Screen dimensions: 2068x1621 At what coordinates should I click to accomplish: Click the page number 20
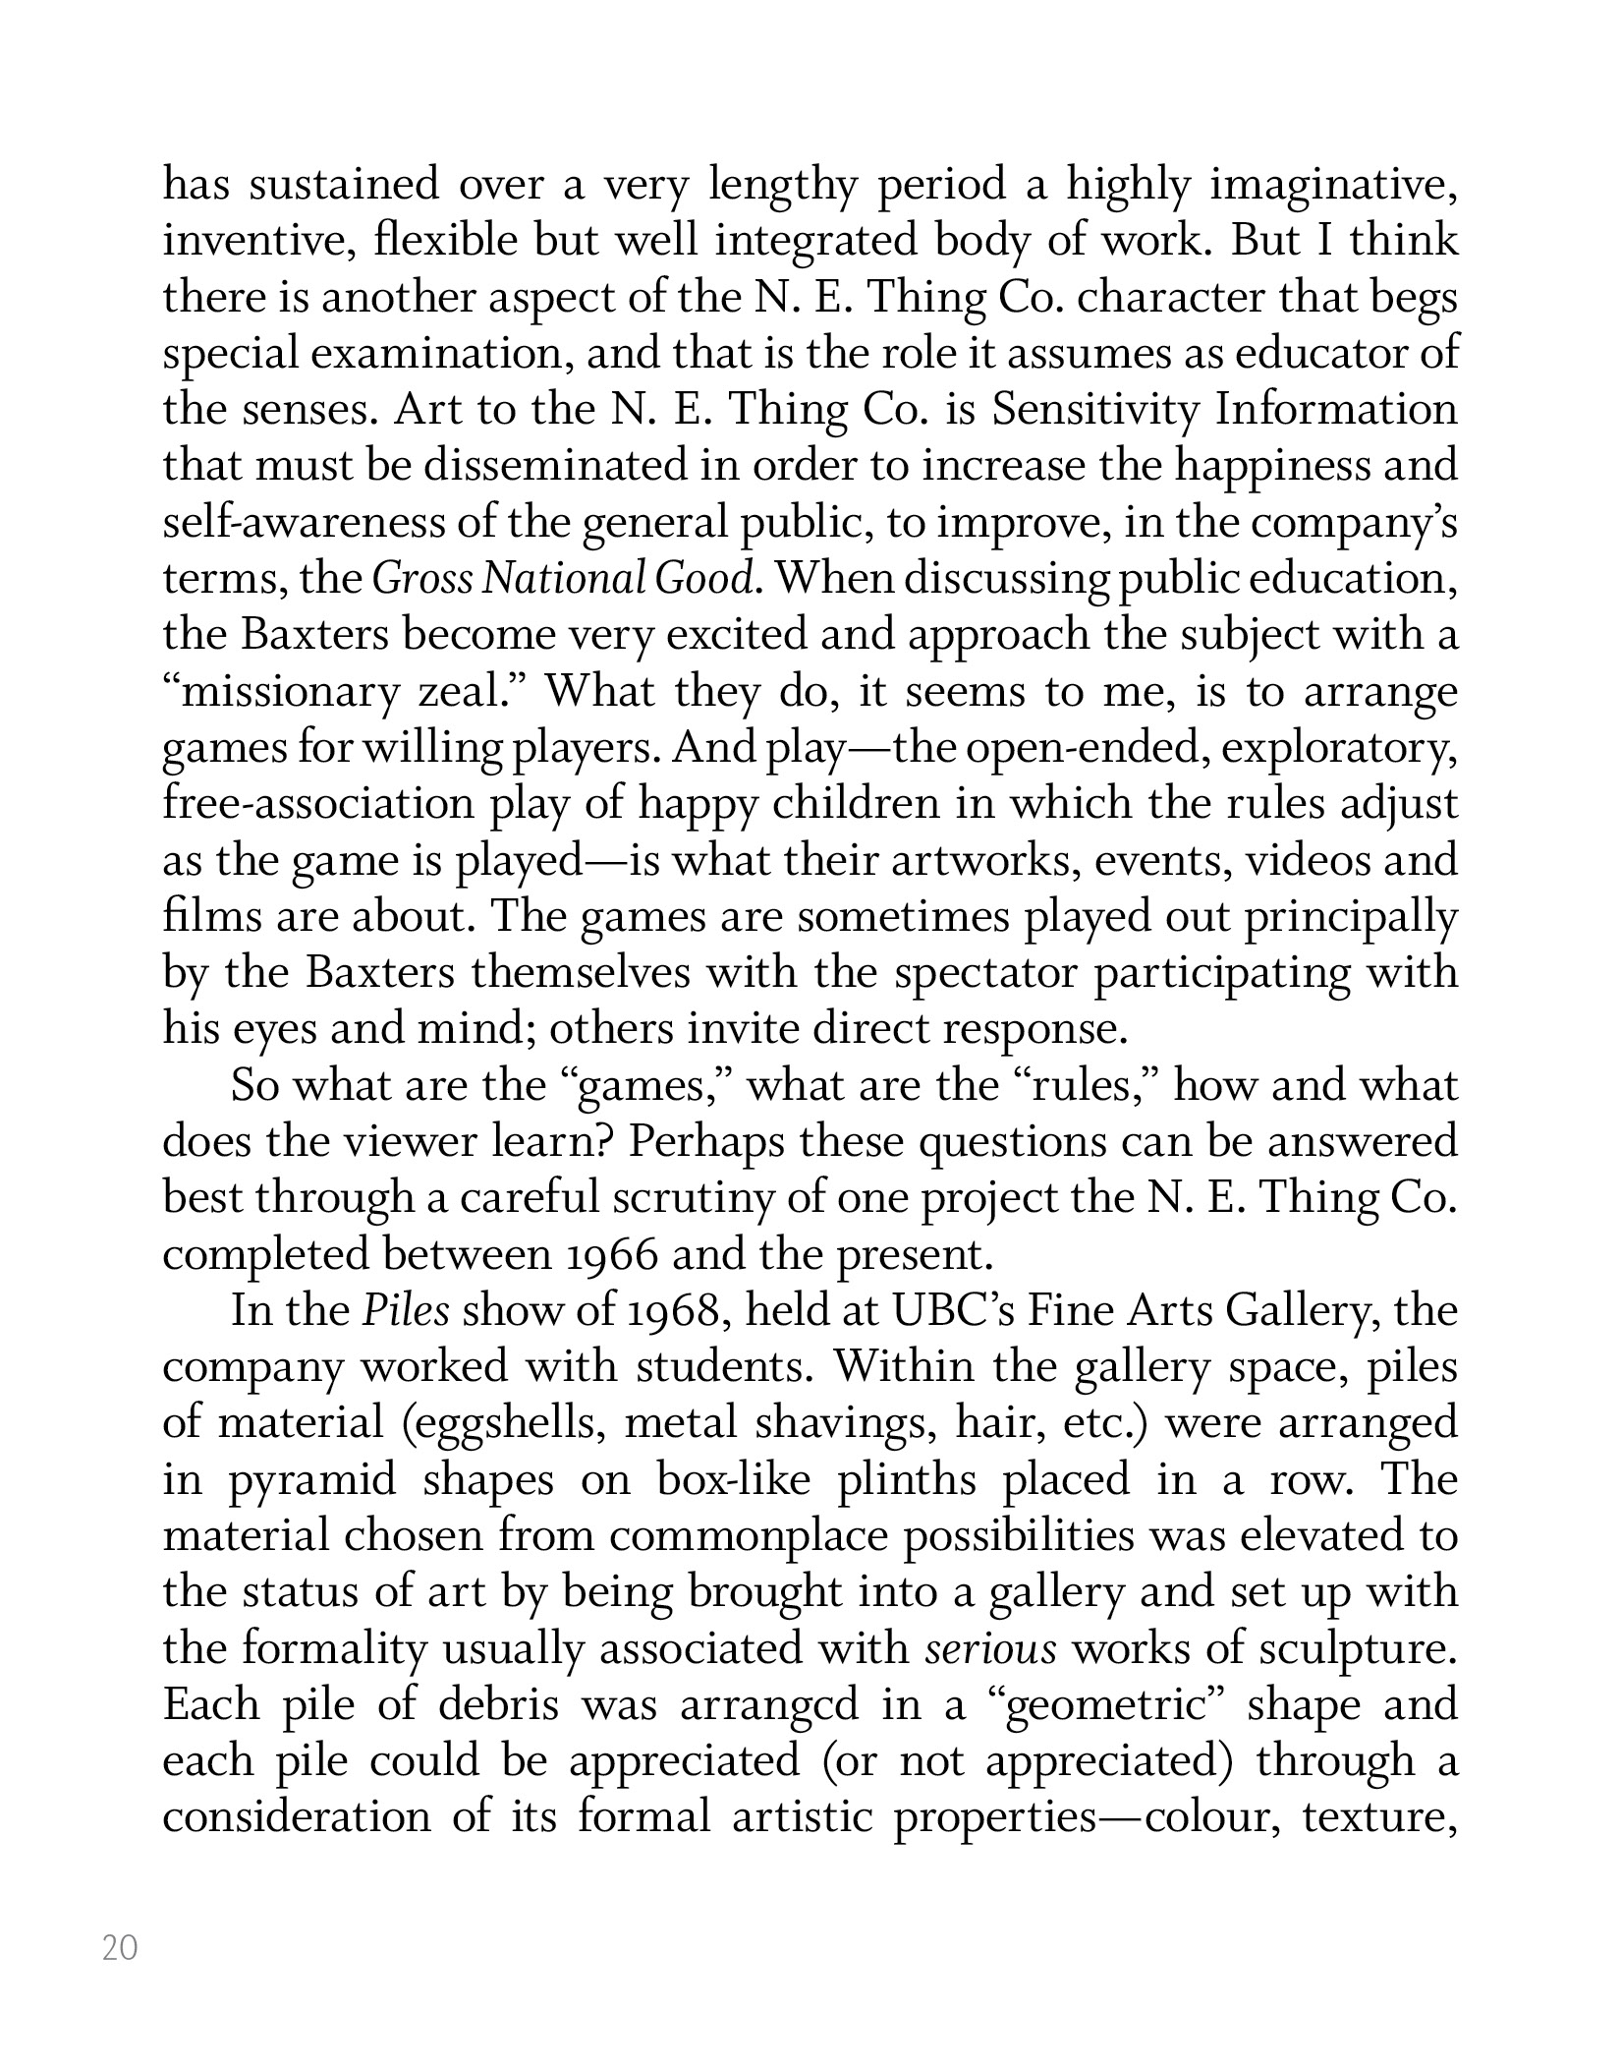click(120, 1947)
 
